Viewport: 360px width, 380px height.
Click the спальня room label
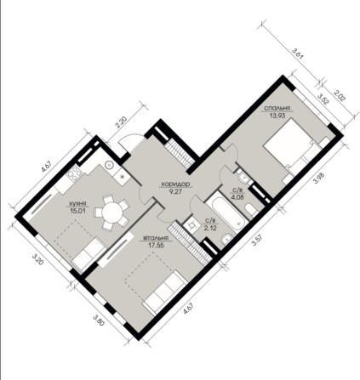[277, 109]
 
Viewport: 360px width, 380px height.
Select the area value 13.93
[277, 117]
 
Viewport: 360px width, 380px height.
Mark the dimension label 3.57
[255, 241]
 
